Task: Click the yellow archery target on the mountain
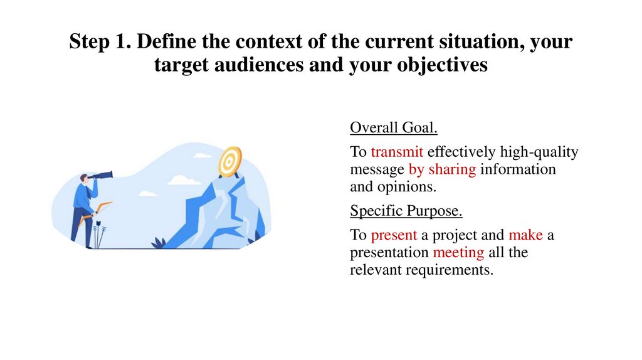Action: click(x=229, y=161)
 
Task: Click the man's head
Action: click(x=84, y=180)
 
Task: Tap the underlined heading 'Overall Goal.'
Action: click(x=393, y=128)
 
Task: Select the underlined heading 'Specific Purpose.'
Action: click(x=406, y=210)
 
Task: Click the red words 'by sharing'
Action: click(x=442, y=169)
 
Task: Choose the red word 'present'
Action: click(x=394, y=235)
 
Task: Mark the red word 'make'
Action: click(x=525, y=235)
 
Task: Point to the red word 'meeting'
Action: click(x=458, y=253)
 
